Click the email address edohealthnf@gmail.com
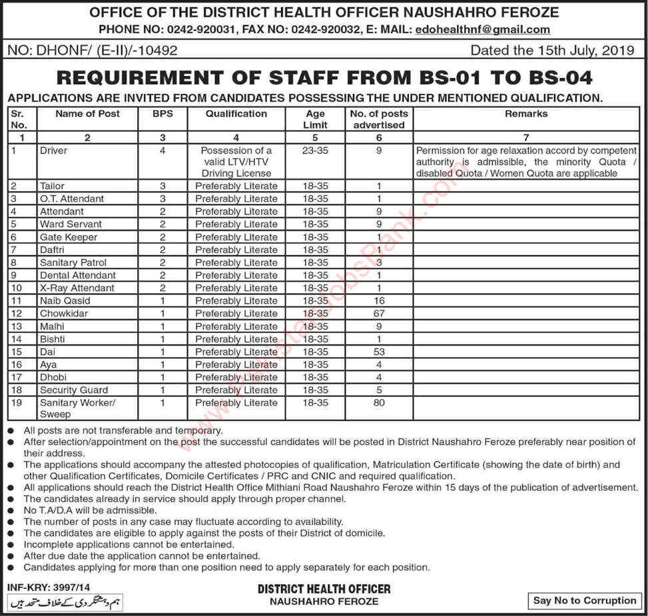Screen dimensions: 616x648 [x=482, y=29]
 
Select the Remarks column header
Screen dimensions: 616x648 [x=526, y=114]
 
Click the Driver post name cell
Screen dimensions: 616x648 [x=53, y=151]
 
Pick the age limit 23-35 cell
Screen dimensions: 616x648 [x=315, y=151]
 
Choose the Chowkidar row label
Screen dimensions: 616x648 [x=63, y=314]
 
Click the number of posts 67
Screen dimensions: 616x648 [x=379, y=314]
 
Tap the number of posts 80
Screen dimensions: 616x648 [x=379, y=403]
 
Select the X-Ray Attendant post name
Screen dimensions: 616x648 [x=77, y=288]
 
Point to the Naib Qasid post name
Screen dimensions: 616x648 [x=65, y=301]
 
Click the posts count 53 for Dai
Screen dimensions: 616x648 [x=379, y=352]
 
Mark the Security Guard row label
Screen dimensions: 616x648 [x=73, y=390]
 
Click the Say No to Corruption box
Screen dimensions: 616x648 [x=585, y=601]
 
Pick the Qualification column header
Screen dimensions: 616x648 [x=236, y=114]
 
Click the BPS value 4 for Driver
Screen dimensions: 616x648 [x=162, y=151]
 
